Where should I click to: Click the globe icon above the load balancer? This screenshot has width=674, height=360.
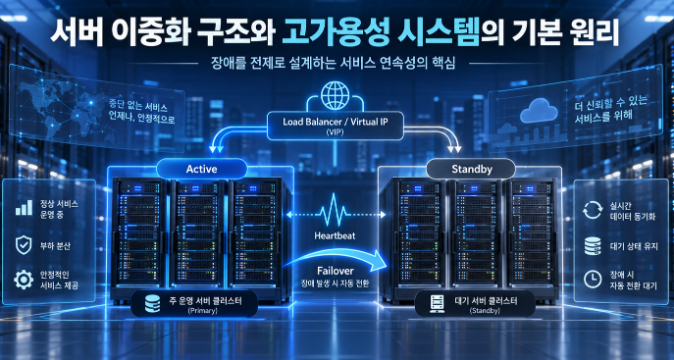tap(335, 95)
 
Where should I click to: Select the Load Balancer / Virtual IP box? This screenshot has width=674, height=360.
tap(336, 126)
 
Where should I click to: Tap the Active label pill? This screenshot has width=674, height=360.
tap(201, 169)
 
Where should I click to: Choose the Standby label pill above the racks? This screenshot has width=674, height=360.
tap(472, 170)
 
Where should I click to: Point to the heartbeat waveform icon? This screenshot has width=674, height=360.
tap(336, 210)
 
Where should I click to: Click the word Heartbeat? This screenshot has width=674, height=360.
tap(335, 235)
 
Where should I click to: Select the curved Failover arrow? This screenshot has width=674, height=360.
tap(337, 258)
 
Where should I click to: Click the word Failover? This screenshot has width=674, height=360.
tap(336, 271)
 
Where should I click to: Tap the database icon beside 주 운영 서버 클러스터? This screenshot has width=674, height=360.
tap(152, 303)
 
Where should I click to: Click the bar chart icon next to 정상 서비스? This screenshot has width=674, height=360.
tap(25, 208)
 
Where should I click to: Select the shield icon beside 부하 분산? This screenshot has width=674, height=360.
tap(24, 245)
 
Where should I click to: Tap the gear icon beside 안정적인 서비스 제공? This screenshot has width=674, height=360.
tap(24, 280)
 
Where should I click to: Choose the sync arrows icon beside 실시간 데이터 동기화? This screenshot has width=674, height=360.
tap(593, 210)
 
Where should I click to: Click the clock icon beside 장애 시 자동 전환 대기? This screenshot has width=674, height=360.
tap(593, 280)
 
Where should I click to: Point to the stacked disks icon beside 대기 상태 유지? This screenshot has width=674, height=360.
tap(593, 246)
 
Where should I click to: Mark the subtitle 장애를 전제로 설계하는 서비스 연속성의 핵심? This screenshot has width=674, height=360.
tap(333, 64)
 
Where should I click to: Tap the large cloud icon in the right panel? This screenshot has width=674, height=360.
tap(539, 111)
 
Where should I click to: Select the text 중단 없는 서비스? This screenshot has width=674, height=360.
tap(138, 107)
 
